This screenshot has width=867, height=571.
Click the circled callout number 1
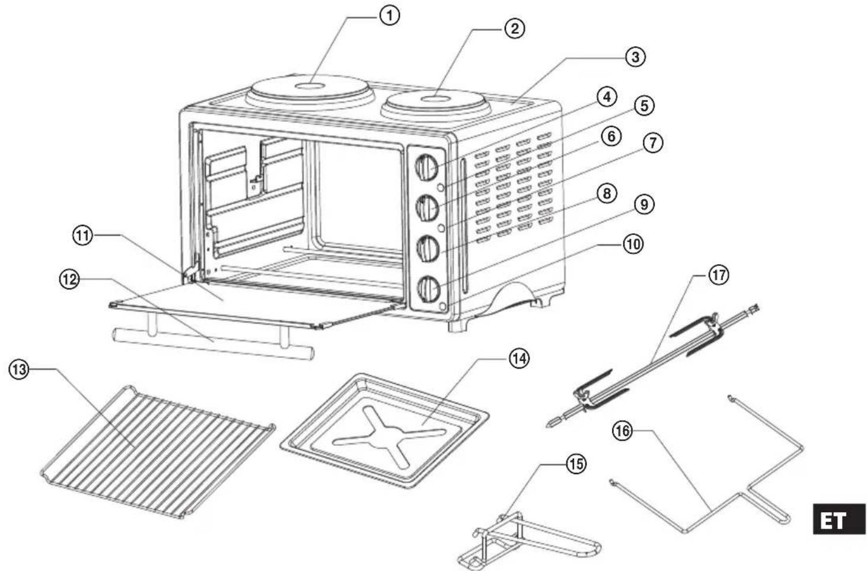coord(389,16)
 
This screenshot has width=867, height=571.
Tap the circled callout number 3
coord(635,57)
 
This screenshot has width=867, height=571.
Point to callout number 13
coord(19,370)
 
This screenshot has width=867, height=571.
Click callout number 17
coord(718,275)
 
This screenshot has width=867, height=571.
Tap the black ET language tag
coord(839,519)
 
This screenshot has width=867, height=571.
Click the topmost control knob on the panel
coord(427,167)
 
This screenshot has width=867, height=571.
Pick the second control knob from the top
coord(428,206)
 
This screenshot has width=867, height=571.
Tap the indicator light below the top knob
coord(441,188)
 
